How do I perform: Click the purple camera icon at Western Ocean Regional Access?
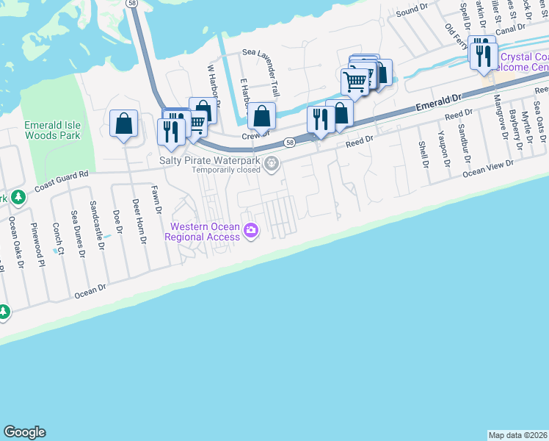click(x=251, y=232)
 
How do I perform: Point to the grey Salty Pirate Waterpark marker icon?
click(x=272, y=163)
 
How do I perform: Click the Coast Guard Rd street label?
click(x=61, y=181)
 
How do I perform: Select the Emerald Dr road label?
click(x=438, y=102)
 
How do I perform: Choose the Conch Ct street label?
click(x=59, y=240)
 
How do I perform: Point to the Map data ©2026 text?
click(x=517, y=434)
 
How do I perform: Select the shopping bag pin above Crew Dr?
click(x=261, y=116)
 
